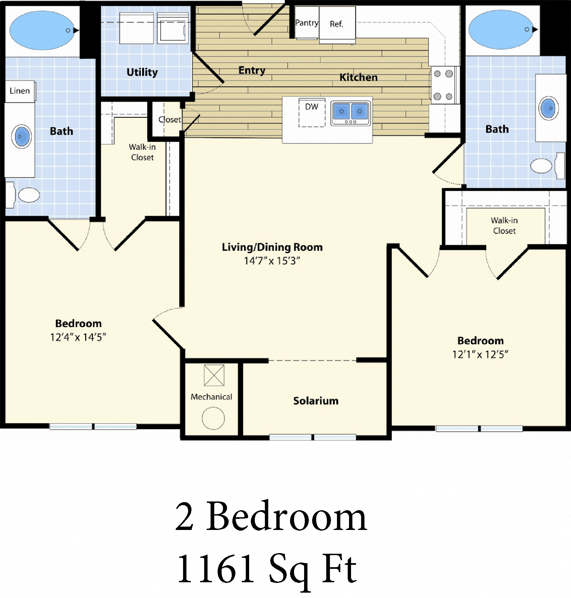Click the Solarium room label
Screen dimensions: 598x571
coord(316,401)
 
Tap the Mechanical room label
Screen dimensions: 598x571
coord(211,397)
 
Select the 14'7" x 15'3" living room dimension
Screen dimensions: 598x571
coord(272,261)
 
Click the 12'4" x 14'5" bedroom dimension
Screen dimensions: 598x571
coord(78,337)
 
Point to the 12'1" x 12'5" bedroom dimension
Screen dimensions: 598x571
coord(480,354)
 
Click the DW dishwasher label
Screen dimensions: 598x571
coord(311,107)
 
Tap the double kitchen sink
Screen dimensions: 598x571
coord(350,112)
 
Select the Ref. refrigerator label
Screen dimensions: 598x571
coord(336,24)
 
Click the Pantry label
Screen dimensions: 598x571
coord(306,23)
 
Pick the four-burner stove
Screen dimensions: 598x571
coord(443,85)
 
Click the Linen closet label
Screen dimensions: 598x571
coord(19,91)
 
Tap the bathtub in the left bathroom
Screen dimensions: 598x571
coord(42,31)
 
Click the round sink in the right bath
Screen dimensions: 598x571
coord(549,108)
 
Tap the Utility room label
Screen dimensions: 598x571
coord(142,72)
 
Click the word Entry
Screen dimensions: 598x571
coord(251,70)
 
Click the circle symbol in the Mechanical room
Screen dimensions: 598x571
coord(213,418)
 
